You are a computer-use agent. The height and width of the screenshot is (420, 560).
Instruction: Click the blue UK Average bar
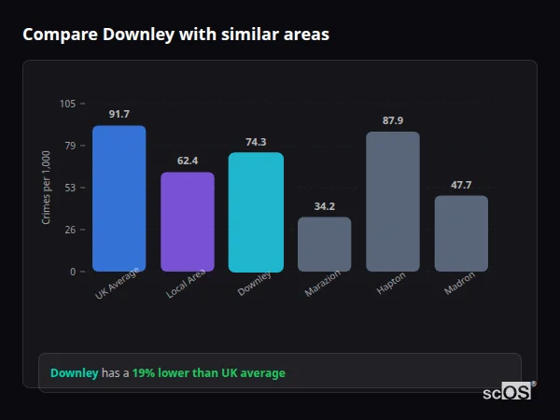[119, 199]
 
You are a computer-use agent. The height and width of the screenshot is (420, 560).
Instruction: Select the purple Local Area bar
[188, 222]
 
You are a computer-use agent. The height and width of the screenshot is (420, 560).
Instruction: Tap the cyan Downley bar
[256, 212]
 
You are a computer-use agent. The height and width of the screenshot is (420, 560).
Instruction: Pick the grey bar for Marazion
[324, 245]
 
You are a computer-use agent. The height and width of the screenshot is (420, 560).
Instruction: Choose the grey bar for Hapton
[393, 202]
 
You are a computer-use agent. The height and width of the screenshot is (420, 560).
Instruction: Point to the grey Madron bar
[461, 233]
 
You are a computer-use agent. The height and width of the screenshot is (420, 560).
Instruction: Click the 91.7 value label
[119, 114]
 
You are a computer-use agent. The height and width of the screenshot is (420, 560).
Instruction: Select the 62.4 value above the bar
[188, 161]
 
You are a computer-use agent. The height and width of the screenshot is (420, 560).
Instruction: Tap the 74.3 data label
[256, 142]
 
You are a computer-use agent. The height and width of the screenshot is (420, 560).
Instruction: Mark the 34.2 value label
[324, 206]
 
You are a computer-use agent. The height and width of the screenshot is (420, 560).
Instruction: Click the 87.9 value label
[393, 120]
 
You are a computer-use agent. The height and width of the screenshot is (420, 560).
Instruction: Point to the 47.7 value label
[461, 185]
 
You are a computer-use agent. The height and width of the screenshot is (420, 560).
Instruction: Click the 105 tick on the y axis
[67, 104]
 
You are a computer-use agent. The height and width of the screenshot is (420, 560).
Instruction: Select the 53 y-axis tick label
[70, 188]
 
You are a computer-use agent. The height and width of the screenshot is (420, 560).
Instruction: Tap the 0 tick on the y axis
[73, 272]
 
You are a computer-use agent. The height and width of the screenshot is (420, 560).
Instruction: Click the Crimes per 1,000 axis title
[46, 188]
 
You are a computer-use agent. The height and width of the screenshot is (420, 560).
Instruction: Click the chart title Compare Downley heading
[175, 35]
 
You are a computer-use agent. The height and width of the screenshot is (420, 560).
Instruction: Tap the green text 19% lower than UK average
[208, 373]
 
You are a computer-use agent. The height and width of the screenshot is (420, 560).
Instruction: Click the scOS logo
[508, 393]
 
